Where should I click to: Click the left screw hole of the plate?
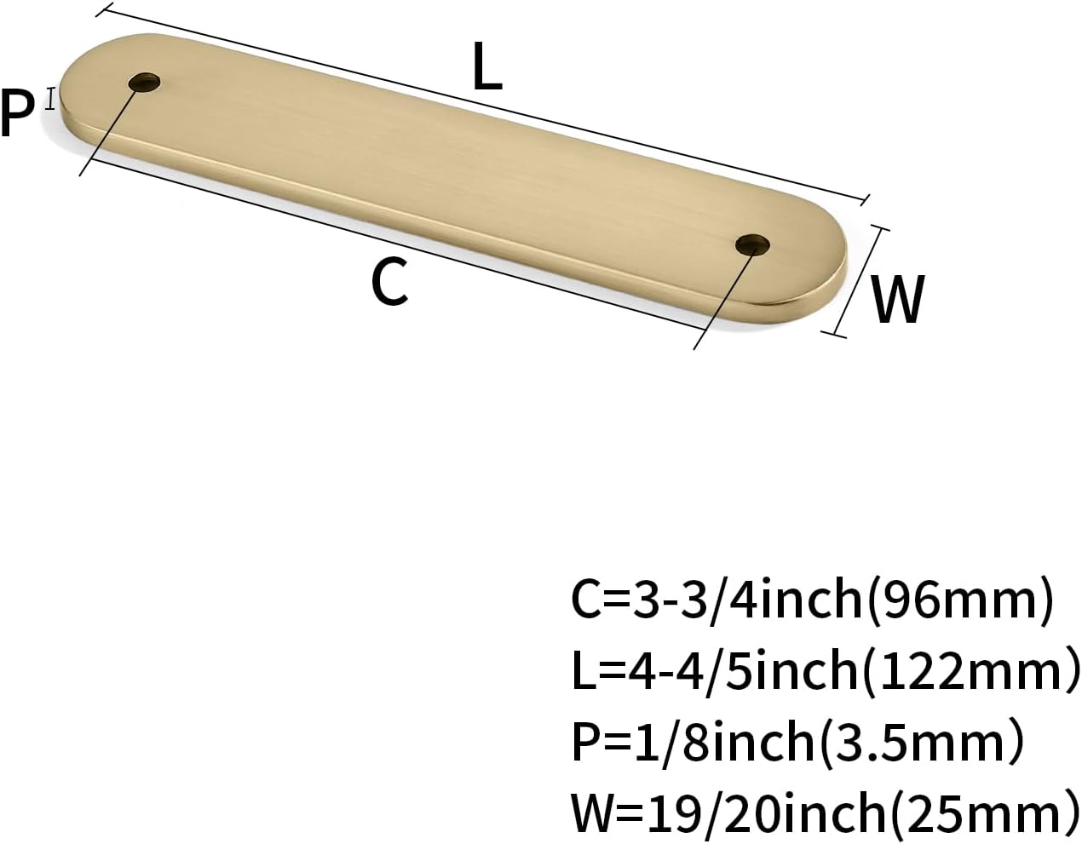144,82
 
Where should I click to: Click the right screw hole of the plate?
752,244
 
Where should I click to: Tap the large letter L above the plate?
487,66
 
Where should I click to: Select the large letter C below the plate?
390,281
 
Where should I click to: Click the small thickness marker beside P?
49,98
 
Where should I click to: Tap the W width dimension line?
855,282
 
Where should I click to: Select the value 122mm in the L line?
971,672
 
